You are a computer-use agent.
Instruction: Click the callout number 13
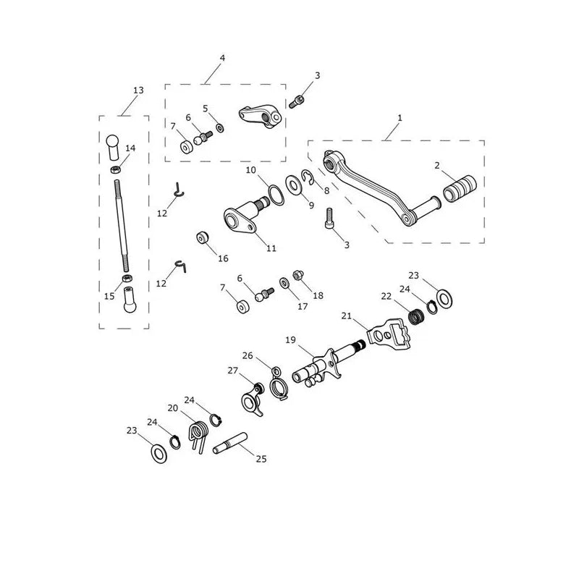point(138,90)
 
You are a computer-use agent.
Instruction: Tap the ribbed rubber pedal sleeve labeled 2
point(460,189)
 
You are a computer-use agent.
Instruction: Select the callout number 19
point(291,339)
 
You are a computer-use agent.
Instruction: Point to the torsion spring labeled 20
point(199,434)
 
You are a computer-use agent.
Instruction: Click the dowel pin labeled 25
point(229,443)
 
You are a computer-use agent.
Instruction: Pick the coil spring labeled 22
point(416,316)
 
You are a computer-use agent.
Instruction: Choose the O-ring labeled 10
point(276,195)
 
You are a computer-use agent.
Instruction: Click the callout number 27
point(232,371)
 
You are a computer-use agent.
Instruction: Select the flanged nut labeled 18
point(298,275)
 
